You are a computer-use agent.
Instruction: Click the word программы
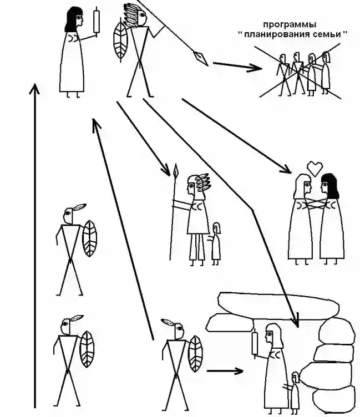[290, 25]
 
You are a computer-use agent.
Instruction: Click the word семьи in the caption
[329, 34]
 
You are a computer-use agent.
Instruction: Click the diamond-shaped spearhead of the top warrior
[201, 58]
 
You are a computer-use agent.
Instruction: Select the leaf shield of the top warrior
[120, 41]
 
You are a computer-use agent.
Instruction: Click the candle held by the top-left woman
[97, 21]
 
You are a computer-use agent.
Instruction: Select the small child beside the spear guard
[216, 243]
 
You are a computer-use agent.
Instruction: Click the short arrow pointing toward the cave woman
[225, 371]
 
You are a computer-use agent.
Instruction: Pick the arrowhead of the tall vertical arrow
[34, 89]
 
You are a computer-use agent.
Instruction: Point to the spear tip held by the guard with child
[175, 170]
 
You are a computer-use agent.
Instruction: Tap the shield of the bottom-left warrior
[87, 349]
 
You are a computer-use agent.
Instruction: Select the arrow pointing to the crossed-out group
[237, 66]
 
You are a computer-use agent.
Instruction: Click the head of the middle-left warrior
[68, 215]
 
